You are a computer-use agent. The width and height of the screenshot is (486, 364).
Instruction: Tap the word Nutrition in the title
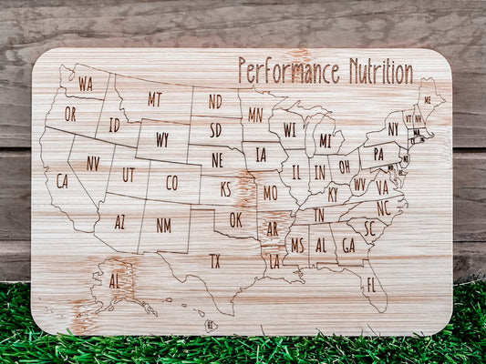pos(380,71)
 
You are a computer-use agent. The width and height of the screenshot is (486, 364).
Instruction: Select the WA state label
pos(85,84)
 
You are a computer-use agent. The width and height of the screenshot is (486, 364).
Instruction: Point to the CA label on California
pos(61,180)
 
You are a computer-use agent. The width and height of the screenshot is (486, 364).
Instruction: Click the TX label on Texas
pos(214,260)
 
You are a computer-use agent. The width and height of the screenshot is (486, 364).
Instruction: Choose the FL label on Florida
pos(370,284)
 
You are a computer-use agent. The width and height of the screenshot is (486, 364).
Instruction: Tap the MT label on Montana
pos(154,99)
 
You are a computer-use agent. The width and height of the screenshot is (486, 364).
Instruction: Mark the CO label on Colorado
pos(171,182)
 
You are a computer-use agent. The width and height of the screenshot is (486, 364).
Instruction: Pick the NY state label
pos(393,129)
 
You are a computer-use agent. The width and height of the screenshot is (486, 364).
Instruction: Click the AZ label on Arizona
pos(119,221)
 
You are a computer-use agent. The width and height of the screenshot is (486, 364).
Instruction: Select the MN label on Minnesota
pos(255,115)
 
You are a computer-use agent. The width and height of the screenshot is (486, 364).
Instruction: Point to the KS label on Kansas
pos(225,189)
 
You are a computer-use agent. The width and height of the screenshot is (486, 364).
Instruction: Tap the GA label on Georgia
pos(348,244)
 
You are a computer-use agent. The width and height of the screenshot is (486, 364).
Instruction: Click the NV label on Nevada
pos(92,163)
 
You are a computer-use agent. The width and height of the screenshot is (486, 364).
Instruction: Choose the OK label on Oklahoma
pos(235,219)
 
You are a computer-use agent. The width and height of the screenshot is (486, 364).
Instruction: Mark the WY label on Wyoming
pos(161,139)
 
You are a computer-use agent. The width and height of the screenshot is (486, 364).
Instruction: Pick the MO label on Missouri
pos(270,193)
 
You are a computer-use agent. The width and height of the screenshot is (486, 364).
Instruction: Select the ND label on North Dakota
pos(214,101)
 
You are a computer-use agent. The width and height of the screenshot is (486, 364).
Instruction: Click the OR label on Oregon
pos(70,114)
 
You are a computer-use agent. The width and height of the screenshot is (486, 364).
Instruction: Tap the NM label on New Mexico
pos(163,224)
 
